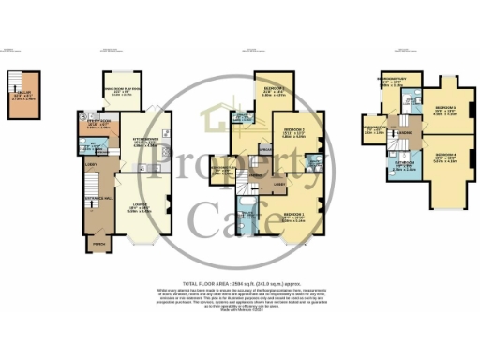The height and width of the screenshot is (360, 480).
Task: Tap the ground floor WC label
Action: click(x=95, y=144)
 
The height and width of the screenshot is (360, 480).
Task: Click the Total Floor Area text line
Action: click(x=239, y=282)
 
